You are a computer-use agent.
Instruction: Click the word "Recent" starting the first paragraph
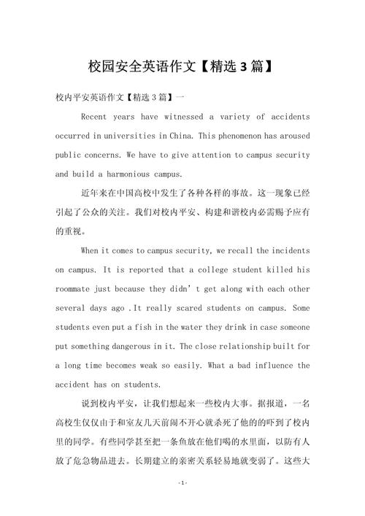point(95,117)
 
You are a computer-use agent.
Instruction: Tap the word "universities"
point(129,136)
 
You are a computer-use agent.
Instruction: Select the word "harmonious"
point(126,174)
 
